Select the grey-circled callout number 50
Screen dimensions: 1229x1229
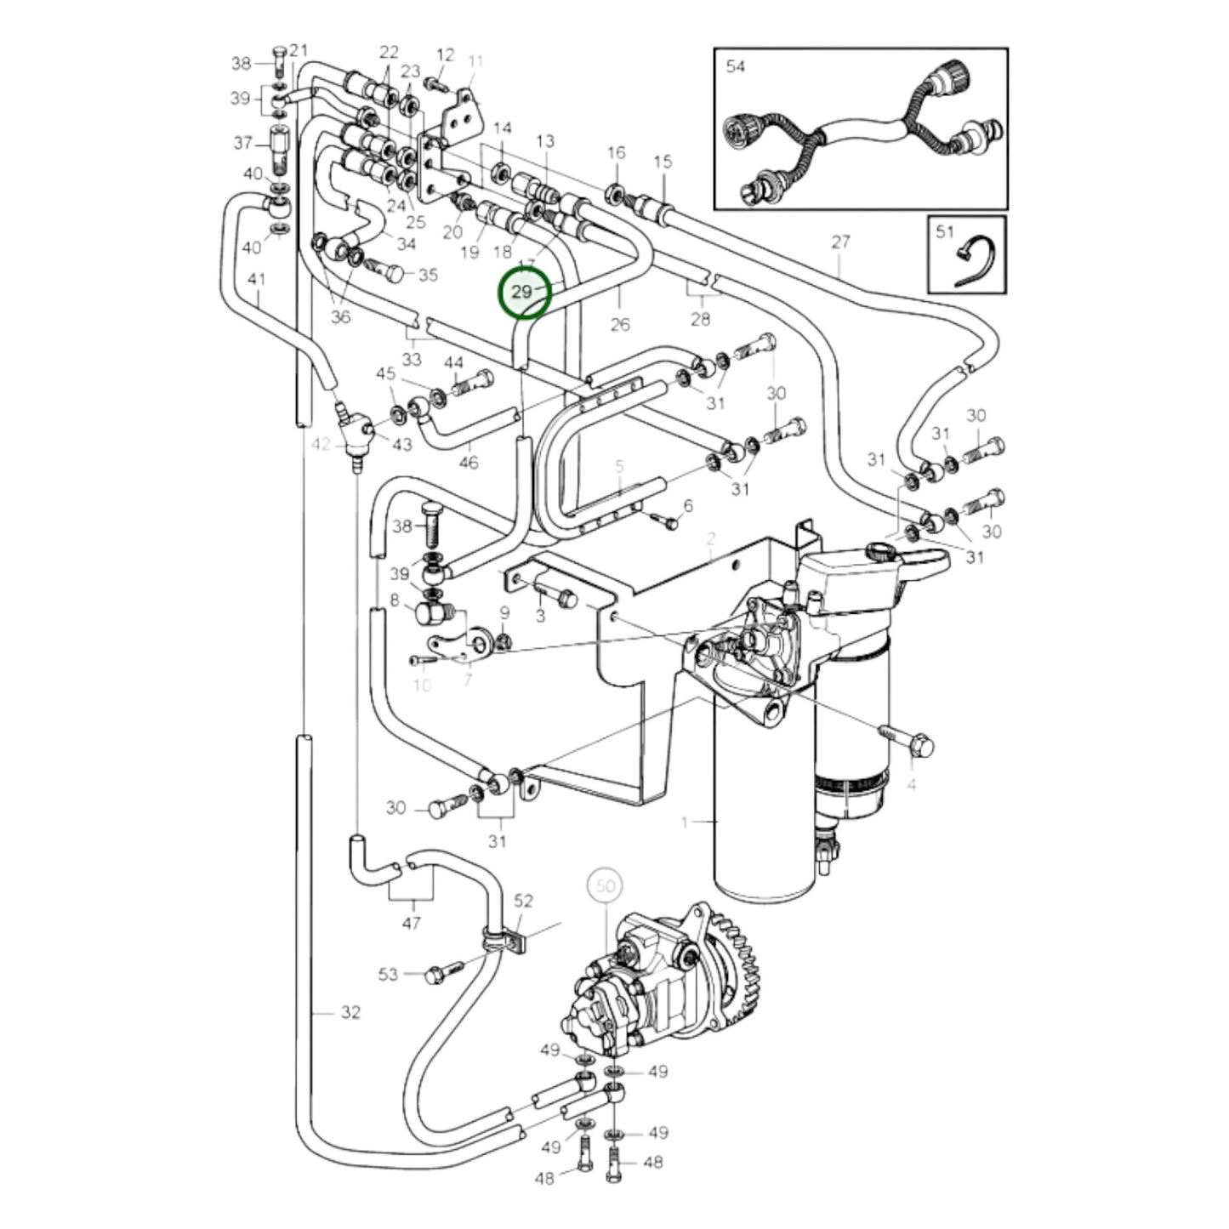point(605,886)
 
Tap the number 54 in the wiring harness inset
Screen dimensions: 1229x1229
point(735,65)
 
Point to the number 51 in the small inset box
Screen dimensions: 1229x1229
point(944,231)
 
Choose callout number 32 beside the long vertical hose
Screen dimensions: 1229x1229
point(350,1012)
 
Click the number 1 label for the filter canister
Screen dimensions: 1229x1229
point(684,822)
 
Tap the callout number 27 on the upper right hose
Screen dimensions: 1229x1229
point(840,242)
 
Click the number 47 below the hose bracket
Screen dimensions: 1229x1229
point(411,922)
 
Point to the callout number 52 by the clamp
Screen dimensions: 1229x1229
point(523,901)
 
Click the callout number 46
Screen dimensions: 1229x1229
point(468,463)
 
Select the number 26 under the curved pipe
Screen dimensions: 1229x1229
point(620,324)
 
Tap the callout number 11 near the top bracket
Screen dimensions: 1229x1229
point(475,61)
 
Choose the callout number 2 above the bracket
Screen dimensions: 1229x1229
point(711,538)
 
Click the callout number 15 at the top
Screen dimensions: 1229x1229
point(663,162)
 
